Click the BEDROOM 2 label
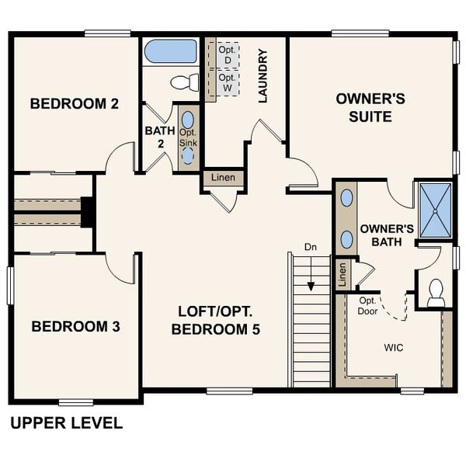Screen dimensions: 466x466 [x=74, y=104]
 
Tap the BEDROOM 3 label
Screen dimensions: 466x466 [x=75, y=326]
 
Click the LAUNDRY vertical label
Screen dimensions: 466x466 [x=263, y=76]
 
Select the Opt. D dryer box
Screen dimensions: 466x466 [x=227, y=55]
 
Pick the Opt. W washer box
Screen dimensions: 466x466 [x=227, y=83]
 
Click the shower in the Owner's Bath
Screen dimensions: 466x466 [x=436, y=208]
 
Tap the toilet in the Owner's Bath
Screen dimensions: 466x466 [x=436, y=290]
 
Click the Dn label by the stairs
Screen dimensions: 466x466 [x=311, y=247]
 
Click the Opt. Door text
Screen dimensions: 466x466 [x=368, y=306]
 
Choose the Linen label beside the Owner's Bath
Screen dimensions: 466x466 [x=341, y=273]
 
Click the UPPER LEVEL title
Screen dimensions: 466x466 [x=66, y=423]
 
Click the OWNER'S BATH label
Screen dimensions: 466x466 [x=386, y=235]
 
